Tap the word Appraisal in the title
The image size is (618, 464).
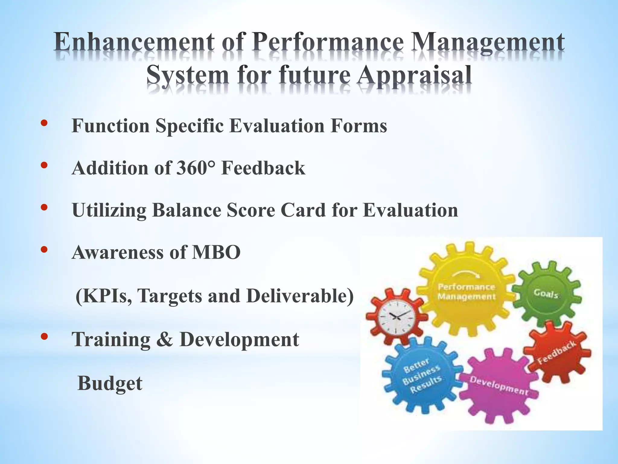[414, 76]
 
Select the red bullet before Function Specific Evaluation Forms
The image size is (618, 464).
[44, 123]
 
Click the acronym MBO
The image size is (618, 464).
[216, 252]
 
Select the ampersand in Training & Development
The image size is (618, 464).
[165, 339]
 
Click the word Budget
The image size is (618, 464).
[110, 383]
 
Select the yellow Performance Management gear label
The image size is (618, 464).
[467, 292]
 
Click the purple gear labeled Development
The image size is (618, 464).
[499, 385]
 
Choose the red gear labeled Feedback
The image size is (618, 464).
[557, 352]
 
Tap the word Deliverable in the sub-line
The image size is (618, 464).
[300, 296]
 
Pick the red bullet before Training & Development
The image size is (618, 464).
[44, 337]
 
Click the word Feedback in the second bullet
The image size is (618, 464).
[263, 168]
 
